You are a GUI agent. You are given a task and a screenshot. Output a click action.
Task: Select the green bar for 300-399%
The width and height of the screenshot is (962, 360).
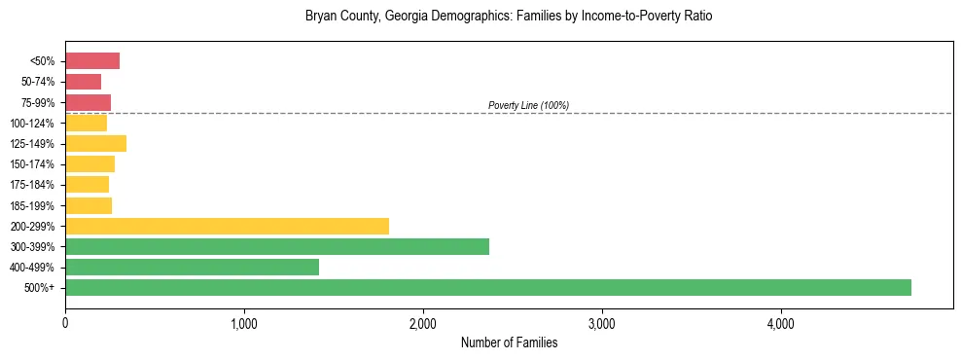(x=277, y=246)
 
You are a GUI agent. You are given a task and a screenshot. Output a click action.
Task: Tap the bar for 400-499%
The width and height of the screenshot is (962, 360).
(x=192, y=267)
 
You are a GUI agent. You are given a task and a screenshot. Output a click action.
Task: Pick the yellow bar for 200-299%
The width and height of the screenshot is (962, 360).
(x=227, y=226)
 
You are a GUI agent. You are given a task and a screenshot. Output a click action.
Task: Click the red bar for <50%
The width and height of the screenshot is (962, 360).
(x=92, y=61)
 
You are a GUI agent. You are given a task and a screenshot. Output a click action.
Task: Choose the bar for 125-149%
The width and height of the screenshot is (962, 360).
(x=95, y=144)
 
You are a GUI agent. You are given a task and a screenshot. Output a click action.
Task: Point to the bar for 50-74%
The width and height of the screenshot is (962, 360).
(x=83, y=82)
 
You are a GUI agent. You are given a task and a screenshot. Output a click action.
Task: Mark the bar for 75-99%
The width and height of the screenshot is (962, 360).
(x=88, y=102)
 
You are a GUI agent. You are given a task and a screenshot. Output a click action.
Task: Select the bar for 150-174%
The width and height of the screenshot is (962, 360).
(x=89, y=164)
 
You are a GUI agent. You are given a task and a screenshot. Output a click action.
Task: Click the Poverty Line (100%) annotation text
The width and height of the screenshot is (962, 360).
(x=528, y=105)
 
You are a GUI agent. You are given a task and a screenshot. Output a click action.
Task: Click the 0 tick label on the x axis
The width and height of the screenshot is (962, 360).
(x=65, y=323)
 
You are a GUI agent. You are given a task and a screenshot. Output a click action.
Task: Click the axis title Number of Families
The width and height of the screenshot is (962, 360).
(x=509, y=342)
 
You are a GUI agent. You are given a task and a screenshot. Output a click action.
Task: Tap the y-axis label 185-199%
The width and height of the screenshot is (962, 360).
(x=32, y=205)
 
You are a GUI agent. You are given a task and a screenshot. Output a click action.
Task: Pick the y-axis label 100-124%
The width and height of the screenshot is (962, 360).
(x=32, y=124)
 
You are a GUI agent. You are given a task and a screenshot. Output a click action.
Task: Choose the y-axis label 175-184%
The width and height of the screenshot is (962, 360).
(x=32, y=185)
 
